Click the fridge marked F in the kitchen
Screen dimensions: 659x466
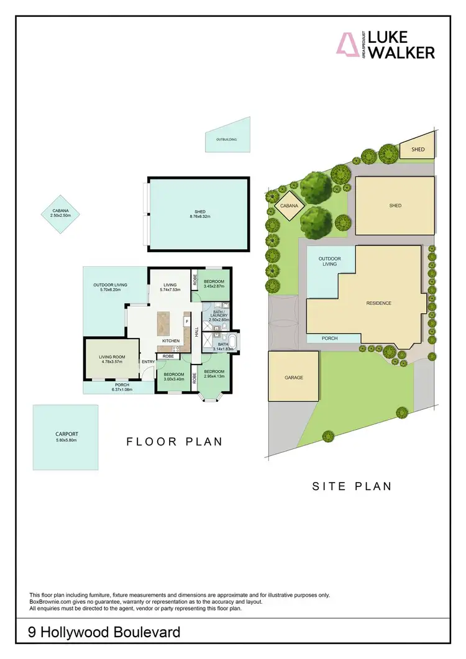(186, 322)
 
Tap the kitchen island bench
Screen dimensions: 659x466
(164, 323)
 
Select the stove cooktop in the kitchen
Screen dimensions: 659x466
(176, 349)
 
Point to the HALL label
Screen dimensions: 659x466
(196, 334)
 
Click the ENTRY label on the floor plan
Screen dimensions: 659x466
(148, 361)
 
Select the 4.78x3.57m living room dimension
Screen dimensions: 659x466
(112, 361)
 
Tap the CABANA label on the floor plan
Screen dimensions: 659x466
(60, 211)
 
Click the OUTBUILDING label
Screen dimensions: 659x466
(226, 140)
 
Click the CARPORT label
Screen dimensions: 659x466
(65, 434)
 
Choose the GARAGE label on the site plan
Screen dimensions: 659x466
(294, 377)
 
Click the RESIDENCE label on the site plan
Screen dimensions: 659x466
(378, 303)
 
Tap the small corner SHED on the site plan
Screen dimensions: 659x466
(418, 149)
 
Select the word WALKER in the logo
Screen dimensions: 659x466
(401, 53)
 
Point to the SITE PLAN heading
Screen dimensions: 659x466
(352, 486)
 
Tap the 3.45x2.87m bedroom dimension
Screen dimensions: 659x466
(214, 286)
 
